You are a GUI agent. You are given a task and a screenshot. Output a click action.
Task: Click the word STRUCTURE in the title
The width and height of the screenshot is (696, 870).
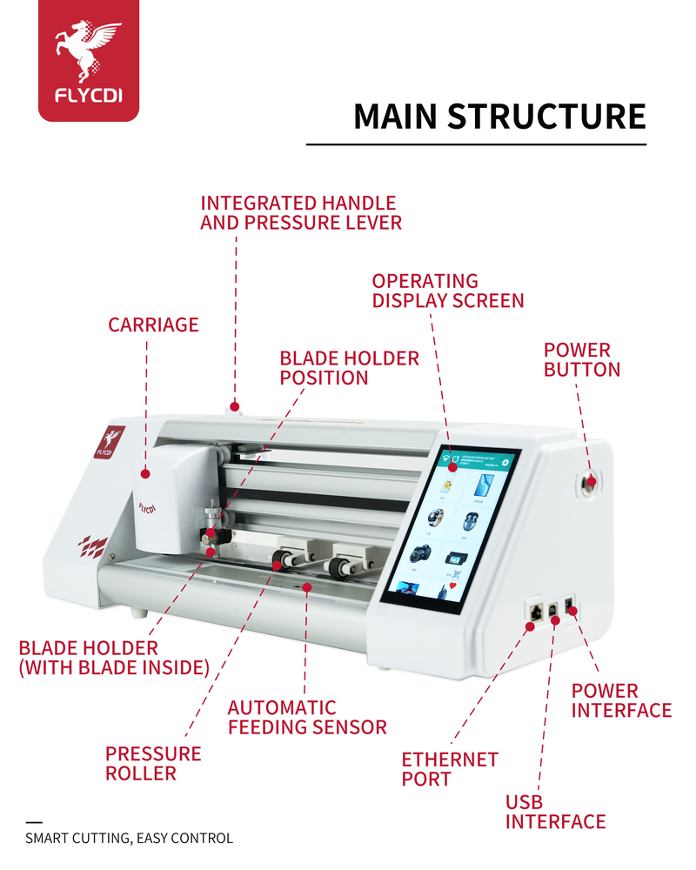click(546, 117)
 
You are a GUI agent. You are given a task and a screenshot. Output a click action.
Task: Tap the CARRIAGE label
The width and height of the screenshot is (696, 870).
click(153, 325)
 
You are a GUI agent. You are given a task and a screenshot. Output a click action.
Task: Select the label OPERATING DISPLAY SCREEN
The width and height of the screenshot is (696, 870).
click(447, 291)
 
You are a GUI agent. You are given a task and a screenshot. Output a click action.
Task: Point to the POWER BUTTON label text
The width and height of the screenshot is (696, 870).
click(581, 359)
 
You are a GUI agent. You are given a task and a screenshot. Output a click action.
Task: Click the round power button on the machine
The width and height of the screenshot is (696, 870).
click(592, 481)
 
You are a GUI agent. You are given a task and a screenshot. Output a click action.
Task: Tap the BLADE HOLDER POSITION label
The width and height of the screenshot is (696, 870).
click(348, 368)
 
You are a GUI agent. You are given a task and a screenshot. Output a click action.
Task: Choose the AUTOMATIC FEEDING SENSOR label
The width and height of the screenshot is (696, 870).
click(306, 717)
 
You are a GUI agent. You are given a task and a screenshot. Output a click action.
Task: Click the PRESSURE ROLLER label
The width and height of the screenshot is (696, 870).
click(152, 763)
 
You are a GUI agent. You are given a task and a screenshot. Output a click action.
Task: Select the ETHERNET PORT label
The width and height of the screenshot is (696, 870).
click(449, 769)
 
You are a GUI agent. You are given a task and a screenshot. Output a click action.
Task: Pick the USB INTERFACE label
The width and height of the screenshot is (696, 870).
click(555, 812)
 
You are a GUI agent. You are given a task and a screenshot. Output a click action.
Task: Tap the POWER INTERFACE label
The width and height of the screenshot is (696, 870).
click(620, 700)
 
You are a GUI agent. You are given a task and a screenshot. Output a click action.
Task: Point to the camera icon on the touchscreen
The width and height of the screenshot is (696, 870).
click(421, 553)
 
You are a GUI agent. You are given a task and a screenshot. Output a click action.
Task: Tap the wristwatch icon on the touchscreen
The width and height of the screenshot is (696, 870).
click(433, 518)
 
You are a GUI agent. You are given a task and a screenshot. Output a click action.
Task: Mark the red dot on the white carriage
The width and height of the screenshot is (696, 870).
click(145, 474)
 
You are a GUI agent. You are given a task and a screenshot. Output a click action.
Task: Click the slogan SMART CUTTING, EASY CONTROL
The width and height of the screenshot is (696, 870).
click(129, 839)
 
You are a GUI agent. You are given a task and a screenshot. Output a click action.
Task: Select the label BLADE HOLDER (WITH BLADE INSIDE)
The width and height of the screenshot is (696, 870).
click(114, 658)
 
